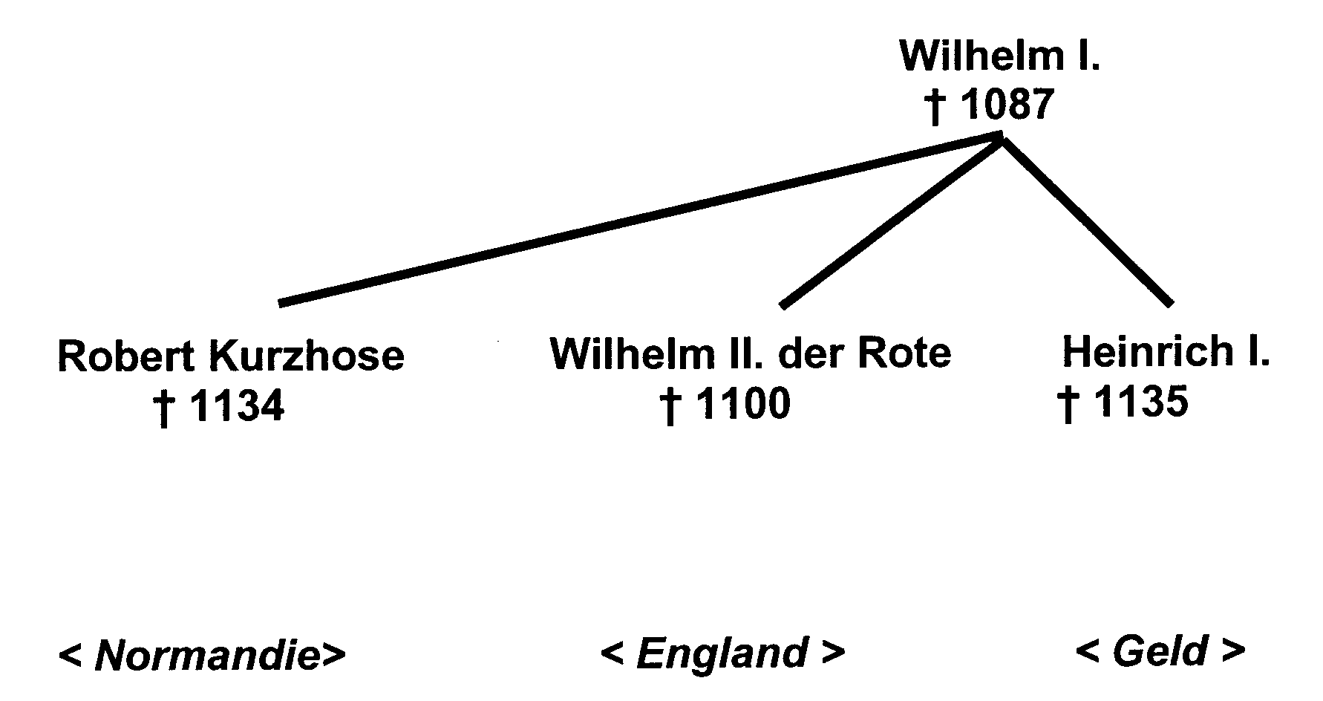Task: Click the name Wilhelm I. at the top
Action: coord(999,56)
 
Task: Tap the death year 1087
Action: coord(1007,104)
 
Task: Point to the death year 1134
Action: coord(237,406)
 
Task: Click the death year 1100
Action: coord(743,405)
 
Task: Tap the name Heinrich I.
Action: coord(1166,351)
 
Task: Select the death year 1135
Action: coord(1141,402)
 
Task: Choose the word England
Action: coord(722,653)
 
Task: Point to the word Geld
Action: coord(1160,651)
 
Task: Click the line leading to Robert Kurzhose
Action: coord(638,220)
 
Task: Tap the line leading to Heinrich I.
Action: coord(1086,221)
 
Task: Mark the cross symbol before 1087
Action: coord(936,107)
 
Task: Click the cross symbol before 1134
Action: coord(164,408)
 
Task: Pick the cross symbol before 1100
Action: coord(670,407)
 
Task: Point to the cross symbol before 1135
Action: coord(1068,405)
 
